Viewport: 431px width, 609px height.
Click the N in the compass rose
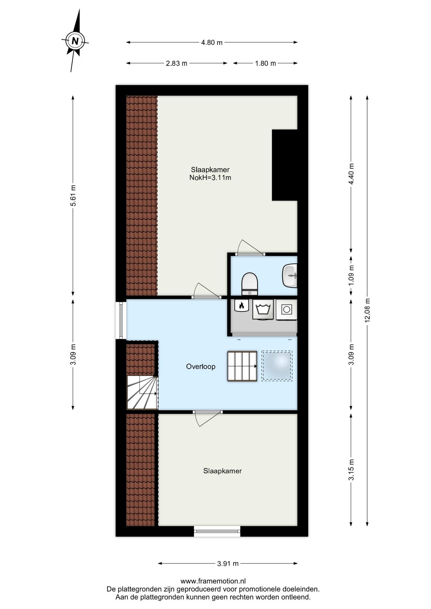pyautogui.click(x=75, y=41)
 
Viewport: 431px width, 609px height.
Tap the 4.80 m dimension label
pyautogui.click(x=212, y=43)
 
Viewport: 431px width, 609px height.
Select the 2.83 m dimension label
pyautogui.click(x=176, y=63)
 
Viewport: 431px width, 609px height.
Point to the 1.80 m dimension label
pyautogui.click(x=265, y=63)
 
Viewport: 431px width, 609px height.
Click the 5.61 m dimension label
pyautogui.click(x=73, y=195)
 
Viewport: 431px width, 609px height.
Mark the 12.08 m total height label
pyautogui.click(x=368, y=310)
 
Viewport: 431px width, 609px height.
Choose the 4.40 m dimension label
pyautogui.click(x=351, y=174)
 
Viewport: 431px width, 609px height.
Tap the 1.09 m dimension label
pyautogui.click(x=351, y=275)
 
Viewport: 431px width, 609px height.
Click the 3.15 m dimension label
pyautogui.click(x=351, y=469)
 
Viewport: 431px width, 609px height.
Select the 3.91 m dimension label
pyautogui.click(x=228, y=564)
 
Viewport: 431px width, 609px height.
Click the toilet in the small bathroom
pyautogui.click(x=250, y=284)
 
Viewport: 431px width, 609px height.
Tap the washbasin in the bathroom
pyautogui.click(x=290, y=276)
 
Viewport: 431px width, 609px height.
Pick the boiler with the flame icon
pyautogui.click(x=242, y=306)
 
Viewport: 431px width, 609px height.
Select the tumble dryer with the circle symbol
pyautogui.click(x=287, y=310)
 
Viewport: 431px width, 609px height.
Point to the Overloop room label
pyautogui.click(x=201, y=367)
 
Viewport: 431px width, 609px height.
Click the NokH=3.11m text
pyautogui.click(x=210, y=178)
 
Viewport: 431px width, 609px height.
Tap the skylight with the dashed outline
pyautogui.click(x=277, y=366)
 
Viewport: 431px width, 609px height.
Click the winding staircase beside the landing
pyautogui.click(x=143, y=392)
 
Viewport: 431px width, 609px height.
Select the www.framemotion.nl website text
pyautogui.click(x=213, y=581)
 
